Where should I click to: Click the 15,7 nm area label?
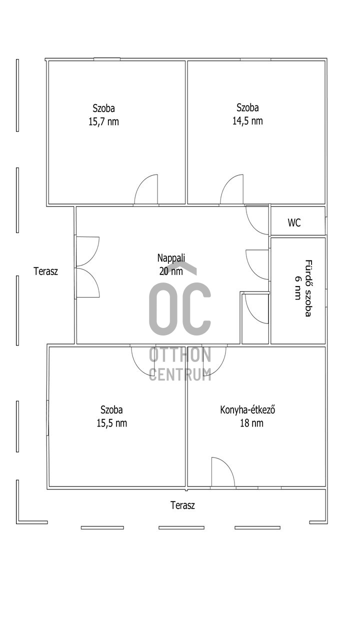(103, 122)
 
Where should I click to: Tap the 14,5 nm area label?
(247, 121)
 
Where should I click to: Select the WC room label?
(294, 222)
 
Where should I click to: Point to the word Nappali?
(171, 258)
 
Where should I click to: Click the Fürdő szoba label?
(308, 288)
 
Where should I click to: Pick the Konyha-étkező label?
(247, 409)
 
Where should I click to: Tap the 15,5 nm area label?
(111, 423)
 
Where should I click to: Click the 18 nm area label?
(251, 423)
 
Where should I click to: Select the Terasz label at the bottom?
(183, 505)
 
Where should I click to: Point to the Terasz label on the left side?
(45, 271)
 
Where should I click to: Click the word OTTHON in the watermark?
(180, 354)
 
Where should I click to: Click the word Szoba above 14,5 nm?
(247, 107)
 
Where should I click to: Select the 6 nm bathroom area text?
(297, 288)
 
